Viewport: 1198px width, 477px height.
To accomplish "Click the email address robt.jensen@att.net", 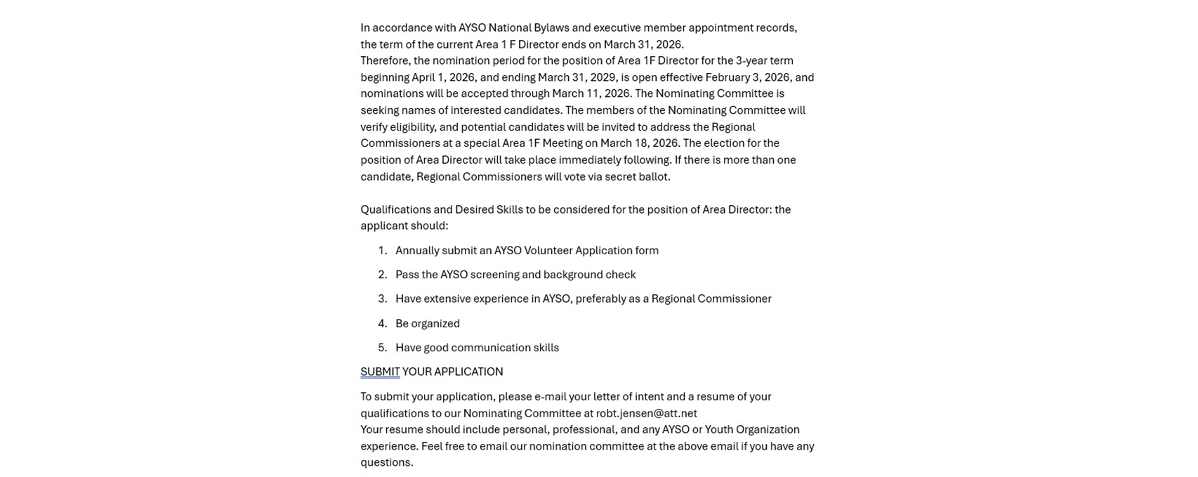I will [646, 413].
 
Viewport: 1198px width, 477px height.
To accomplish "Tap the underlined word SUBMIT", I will [380, 372].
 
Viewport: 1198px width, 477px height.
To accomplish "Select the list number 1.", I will [382, 250].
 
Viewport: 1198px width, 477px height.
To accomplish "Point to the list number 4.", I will [382, 323].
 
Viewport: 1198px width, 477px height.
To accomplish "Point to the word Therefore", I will [386, 60].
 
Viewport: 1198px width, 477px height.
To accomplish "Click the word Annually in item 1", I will [417, 250].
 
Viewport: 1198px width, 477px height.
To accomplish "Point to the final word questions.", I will [386, 462].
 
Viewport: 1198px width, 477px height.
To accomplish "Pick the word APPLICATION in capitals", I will [468, 372].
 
